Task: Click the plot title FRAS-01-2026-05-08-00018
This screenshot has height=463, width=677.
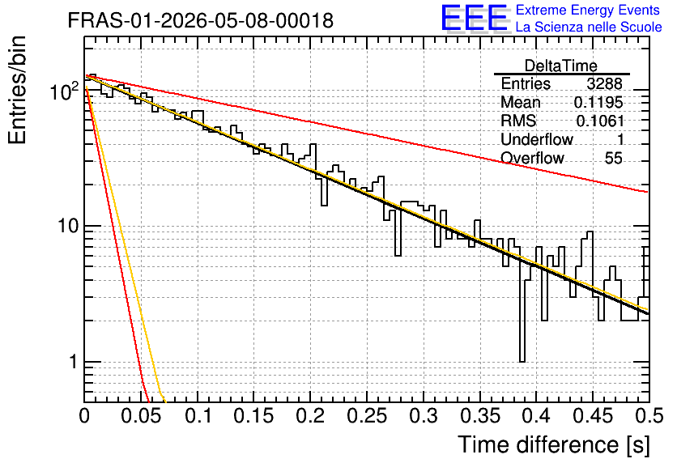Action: point(201,20)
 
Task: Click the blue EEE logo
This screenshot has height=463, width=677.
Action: point(474,18)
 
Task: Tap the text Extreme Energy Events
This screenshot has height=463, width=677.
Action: point(588,10)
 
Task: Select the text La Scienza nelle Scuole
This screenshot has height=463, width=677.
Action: point(589,27)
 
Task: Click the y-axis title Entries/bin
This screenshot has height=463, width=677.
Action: point(17,90)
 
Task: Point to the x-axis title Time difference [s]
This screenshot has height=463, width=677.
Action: point(554,445)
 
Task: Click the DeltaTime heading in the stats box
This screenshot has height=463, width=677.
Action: point(561,66)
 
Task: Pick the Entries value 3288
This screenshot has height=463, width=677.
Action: point(604,83)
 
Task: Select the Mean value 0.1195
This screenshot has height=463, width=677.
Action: point(598,102)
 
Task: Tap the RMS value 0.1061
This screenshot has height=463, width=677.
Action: point(600,121)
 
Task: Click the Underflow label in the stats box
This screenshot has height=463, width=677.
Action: point(537,139)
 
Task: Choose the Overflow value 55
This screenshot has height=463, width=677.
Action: point(614,158)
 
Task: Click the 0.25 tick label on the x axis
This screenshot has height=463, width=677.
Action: point(367,416)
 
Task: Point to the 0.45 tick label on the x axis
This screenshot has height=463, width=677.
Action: point(593,416)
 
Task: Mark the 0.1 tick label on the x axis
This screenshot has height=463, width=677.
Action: point(198,416)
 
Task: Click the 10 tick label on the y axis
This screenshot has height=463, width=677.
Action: point(68,226)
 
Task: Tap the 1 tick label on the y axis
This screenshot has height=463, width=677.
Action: point(73,362)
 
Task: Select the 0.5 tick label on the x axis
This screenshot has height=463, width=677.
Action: point(649,416)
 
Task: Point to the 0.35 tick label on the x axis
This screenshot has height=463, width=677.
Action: point(480,416)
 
